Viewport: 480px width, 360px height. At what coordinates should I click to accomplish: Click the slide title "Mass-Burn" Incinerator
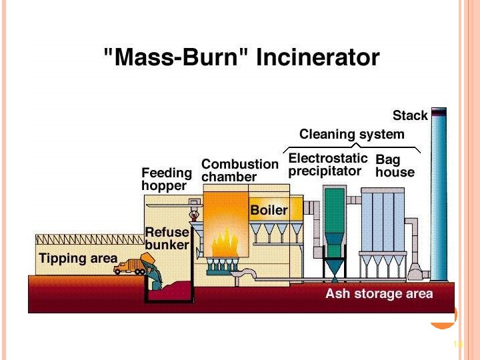click(242, 57)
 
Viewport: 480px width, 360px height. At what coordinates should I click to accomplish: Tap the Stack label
click(409, 115)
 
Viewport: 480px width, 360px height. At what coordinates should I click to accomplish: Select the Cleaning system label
click(351, 134)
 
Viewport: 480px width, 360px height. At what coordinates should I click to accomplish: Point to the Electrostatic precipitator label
click(327, 165)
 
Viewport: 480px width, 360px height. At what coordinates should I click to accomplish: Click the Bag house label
click(395, 166)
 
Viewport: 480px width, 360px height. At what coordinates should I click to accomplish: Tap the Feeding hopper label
click(166, 179)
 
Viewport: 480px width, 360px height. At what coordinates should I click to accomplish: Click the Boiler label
click(269, 211)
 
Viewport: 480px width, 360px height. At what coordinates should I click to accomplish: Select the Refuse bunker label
click(167, 239)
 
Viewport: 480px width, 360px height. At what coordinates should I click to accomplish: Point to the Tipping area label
click(78, 259)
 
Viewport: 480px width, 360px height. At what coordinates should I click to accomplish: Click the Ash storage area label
click(379, 293)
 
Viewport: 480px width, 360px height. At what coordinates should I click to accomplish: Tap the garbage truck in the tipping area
click(129, 265)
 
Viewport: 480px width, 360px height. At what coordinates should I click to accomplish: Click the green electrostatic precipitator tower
click(333, 220)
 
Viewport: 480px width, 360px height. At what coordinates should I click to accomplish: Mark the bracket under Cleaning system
click(351, 146)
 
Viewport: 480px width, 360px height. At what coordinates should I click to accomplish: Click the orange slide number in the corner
click(457, 344)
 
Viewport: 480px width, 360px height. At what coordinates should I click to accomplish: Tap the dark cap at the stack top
click(438, 112)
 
